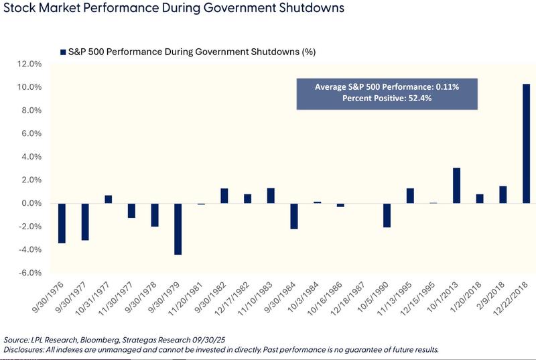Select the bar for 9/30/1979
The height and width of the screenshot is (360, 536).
coord(178,229)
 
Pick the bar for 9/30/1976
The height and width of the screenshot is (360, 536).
coord(62,223)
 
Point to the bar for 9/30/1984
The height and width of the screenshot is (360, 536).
coord(293,216)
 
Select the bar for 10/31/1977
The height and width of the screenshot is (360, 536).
coord(108,199)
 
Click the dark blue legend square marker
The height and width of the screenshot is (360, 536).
coord(63,52)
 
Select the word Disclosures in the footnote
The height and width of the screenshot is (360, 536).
coord(23,350)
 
